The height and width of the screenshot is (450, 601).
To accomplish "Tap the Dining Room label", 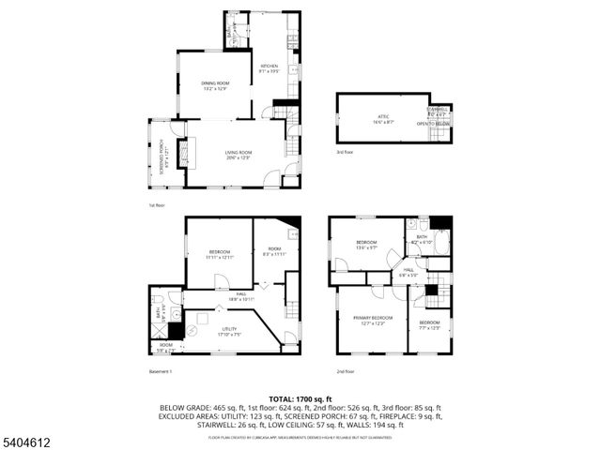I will tap(215, 86).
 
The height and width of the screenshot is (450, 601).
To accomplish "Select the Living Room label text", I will tap(239, 155).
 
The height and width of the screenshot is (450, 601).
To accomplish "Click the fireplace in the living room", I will tap(183, 152).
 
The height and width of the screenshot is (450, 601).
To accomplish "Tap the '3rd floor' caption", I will tap(346, 151).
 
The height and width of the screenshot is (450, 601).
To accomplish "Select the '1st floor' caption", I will tap(156, 204).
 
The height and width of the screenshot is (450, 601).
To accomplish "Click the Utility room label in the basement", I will tap(229, 331).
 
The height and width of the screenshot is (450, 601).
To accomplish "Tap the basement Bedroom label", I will tap(220, 253).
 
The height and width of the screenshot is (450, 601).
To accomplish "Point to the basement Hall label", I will tap(240, 295).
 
